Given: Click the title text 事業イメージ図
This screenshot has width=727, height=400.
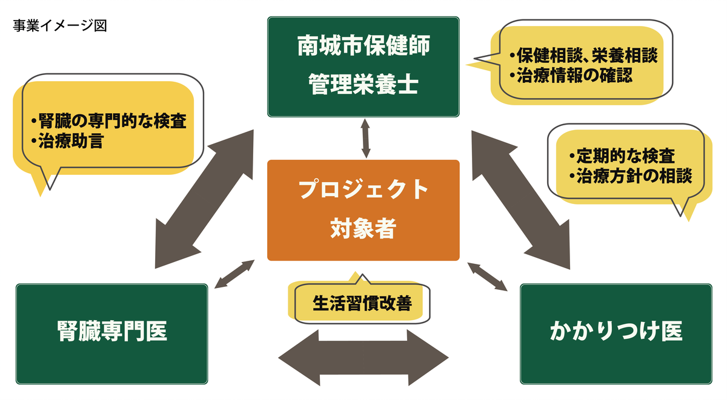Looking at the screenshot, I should pos(59,26).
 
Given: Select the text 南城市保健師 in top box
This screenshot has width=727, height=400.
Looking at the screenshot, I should pos(363,47).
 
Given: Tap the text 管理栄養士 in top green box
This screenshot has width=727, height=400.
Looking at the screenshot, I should pos(363,84).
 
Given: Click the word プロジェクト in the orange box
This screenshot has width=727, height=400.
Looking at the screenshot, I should pos(363,190).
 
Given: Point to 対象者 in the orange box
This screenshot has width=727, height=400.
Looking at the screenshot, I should pos(363,229).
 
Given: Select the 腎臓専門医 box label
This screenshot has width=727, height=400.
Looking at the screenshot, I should pos(112,331).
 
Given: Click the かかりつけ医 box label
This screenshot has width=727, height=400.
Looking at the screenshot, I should pos(616,331).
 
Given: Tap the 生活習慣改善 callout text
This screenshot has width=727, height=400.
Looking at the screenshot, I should pos(362,303).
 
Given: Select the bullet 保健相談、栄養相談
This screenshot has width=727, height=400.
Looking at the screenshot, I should pos(583,56).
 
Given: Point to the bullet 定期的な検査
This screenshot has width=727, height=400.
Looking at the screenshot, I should pos(622,156).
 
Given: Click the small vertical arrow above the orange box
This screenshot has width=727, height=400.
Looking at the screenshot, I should pos(366,139).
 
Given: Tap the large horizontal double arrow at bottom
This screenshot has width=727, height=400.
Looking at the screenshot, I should pos(362,358).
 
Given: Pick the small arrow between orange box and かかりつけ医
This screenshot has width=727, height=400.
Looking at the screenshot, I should pos(488,276).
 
